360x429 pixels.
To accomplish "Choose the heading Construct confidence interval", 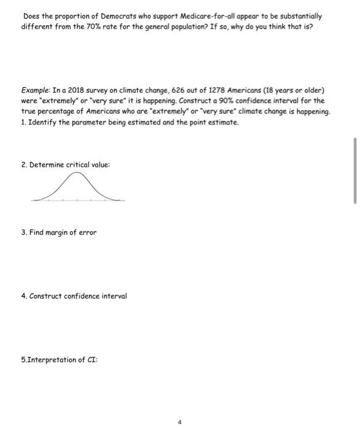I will pyautogui.click(x=73, y=296).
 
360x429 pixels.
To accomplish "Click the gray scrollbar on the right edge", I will pyautogui.click(x=354, y=170).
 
